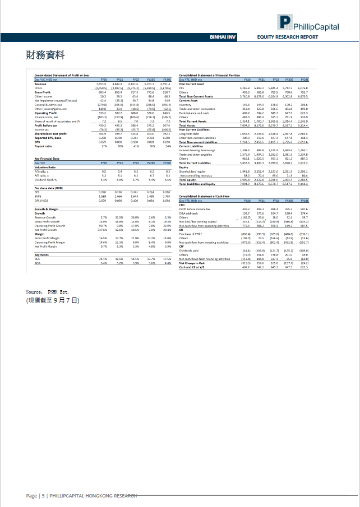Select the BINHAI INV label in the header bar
click(x=222, y=36)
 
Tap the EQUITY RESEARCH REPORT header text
click(x=287, y=36)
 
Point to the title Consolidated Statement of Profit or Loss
click(x=62, y=75)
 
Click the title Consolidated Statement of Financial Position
click(x=209, y=75)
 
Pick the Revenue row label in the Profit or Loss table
click(x=41, y=84)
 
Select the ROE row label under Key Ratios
click(x=37, y=259)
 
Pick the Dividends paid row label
click(x=188, y=250)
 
